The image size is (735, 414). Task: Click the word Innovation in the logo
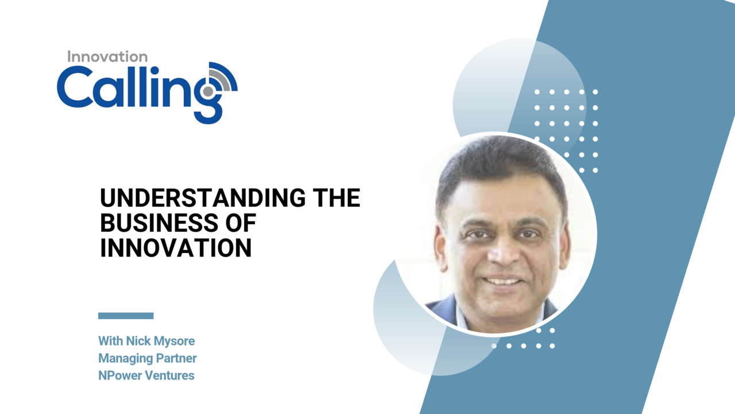(107, 56)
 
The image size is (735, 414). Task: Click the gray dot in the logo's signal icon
(208, 91)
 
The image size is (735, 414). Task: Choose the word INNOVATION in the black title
(176, 248)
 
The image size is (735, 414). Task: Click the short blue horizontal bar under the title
(126, 316)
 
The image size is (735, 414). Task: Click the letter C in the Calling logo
(74, 86)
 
